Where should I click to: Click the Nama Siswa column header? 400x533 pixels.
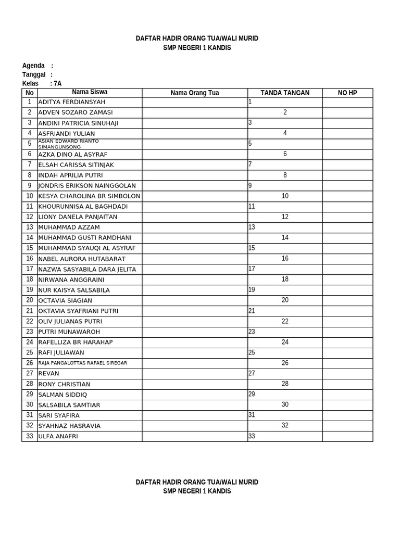coord(90,92)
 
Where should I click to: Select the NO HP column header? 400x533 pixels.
coord(347,93)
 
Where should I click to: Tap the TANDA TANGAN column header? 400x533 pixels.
coord(285,93)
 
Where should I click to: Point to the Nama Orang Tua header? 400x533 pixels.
coord(195,93)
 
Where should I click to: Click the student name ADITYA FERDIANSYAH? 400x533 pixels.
coord(72,102)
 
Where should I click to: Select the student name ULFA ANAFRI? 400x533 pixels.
coord(58,436)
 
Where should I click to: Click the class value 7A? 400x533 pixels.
coord(57,83)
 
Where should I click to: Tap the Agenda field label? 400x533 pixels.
coord(33,66)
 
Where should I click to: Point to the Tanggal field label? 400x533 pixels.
coord(34,74)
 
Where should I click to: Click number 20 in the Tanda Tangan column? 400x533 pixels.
coord(285,300)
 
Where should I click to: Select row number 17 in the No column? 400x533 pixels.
coord(30,269)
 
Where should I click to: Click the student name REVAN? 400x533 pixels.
coord(49,373)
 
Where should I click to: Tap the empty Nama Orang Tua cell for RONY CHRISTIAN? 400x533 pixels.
coord(195,384)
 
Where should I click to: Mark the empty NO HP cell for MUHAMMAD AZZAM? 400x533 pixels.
coord(347,227)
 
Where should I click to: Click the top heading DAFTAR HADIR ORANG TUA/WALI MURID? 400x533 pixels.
coord(197,39)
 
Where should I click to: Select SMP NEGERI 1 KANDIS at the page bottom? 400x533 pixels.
coord(197,491)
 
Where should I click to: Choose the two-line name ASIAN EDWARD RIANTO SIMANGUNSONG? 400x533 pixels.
coord(69,144)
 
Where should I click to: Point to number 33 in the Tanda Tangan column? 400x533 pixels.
coord(252,436)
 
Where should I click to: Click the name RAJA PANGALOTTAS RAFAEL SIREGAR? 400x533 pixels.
coord(83,363)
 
